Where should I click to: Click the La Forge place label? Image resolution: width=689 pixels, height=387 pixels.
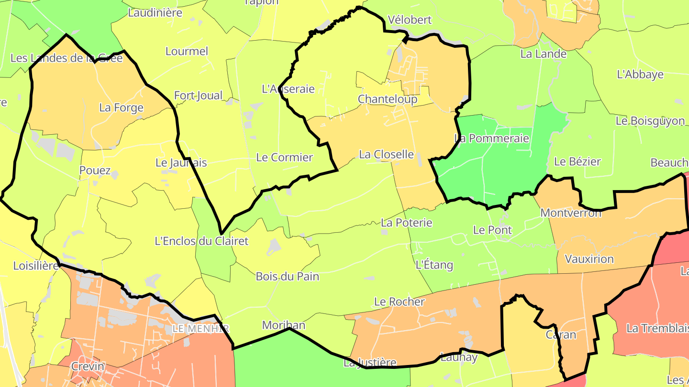pyautogui.click(x=121, y=107)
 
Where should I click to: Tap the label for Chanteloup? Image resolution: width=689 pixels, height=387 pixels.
pyautogui.click(x=388, y=99)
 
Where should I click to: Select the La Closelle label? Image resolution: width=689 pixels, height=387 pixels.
pyautogui.click(x=386, y=154)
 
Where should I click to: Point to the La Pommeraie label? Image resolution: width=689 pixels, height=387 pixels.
pyautogui.click(x=492, y=139)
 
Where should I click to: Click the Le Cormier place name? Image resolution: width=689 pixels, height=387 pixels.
pyautogui.click(x=284, y=157)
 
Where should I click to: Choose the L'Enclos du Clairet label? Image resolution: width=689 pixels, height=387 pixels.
pyautogui.click(x=201, y=241)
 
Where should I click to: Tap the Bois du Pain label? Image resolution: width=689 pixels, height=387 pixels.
pyautogui.click(x=287, y=277)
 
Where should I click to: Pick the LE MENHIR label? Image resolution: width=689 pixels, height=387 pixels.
pyautogui.click(x=201, y=329)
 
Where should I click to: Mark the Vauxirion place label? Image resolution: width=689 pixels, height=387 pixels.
pyautogui.click(x=589, y=259)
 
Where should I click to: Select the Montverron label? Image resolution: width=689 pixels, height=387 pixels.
pyautogui.click(x=570, y=213)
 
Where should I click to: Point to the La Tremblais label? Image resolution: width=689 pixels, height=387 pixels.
pyautogui.click(x=657, y=328)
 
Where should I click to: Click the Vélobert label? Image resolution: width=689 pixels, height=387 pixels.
pyautogui.click(x=410, y=20)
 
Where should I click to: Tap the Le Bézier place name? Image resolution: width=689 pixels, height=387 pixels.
pyautogui.click(x=577, y=161)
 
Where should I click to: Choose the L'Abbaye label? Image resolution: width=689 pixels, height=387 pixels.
pyautogui.click(x=640, y=75)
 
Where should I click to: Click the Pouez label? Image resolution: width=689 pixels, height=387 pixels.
pyautogui.click(x=95, y=171)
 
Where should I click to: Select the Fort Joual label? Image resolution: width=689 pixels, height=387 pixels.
pyautogui.click(x=198, y=96)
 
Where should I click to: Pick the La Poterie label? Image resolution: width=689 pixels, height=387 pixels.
pyautogui.click(x=406, y=223)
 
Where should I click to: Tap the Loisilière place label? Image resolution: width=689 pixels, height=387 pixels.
pyautogui.click(x=35, y=266)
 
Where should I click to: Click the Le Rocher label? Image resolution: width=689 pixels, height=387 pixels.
pyautogui.click(x=399, y=302)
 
